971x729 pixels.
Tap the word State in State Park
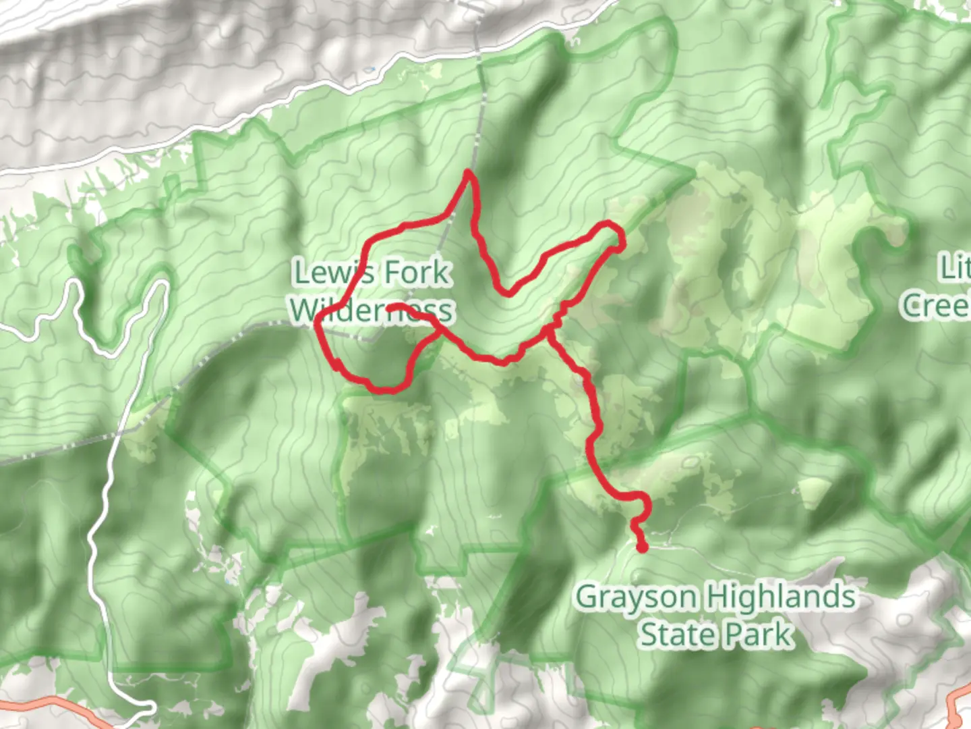tap(668, 634)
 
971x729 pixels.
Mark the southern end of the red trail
tap(642, 547)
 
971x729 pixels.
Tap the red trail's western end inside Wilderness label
tap(390, 308)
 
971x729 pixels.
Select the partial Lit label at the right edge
tap(956, 268)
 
